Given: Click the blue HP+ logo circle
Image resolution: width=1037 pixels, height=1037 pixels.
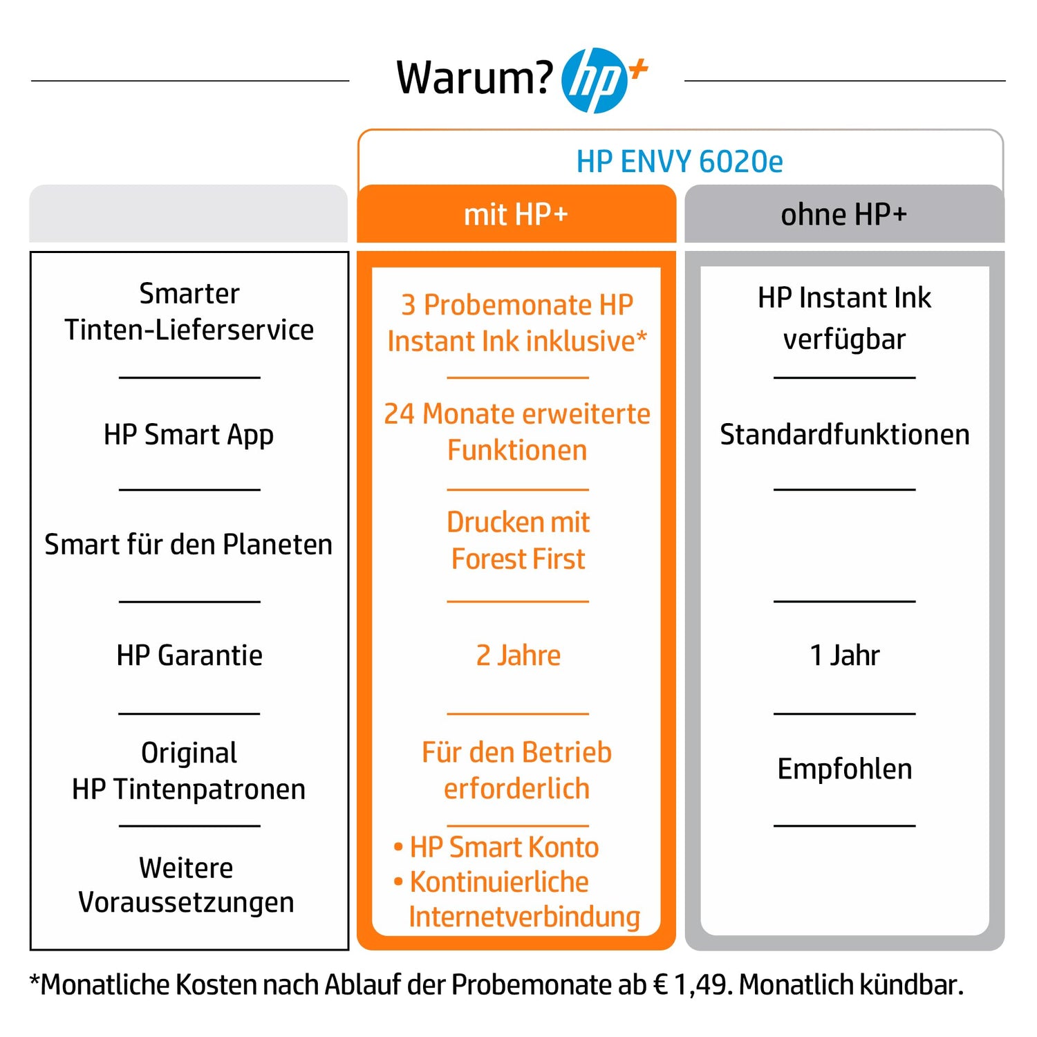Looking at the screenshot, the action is tap(595, 80).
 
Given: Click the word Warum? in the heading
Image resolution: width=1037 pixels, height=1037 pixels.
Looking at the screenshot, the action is tap(474, 77).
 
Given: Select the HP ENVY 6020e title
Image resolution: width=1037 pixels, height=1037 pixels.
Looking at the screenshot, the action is tap(680, 162).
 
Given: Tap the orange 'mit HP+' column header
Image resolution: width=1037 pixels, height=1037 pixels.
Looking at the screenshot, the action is tap(516, 214).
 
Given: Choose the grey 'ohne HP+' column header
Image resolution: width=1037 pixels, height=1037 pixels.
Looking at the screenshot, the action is tap(843, 214).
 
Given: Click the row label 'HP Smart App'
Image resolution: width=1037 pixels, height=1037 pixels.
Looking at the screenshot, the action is tap(189, 436).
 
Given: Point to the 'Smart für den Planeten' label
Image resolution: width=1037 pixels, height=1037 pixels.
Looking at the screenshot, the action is tap(189, 545).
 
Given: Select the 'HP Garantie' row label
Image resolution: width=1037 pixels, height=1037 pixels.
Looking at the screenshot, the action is tap(189, 655).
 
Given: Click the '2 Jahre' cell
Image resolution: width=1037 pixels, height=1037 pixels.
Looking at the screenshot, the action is tap(518, 655).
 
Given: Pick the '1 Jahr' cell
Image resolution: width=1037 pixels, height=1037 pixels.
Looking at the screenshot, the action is tap(844, 655).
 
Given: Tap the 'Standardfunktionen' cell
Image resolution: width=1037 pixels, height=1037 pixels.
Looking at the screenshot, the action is tap(844, 435).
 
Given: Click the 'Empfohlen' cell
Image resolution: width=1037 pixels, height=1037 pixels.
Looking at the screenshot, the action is tap(844, 769).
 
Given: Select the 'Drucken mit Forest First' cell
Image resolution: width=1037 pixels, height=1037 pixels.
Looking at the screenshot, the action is tap(518, 541).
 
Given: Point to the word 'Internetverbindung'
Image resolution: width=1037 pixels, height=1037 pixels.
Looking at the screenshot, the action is tap(524, 917).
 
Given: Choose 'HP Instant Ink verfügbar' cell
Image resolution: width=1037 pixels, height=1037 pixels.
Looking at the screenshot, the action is tap(844, 319).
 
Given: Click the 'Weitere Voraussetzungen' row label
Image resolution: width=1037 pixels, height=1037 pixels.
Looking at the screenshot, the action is tap(186, 886).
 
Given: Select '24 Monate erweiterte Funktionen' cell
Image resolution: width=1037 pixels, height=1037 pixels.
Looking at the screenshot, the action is tap(517, 432).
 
